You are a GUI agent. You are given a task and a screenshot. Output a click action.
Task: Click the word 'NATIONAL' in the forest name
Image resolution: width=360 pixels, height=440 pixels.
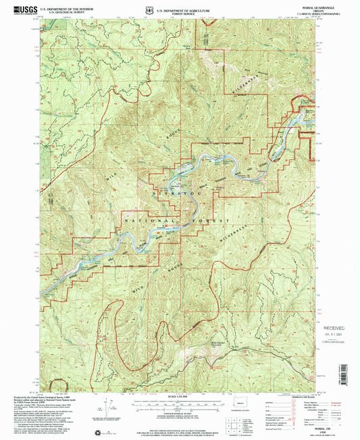pos(151,221)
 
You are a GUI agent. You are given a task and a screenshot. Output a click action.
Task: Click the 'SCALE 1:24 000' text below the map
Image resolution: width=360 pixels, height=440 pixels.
pos(180,387)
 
